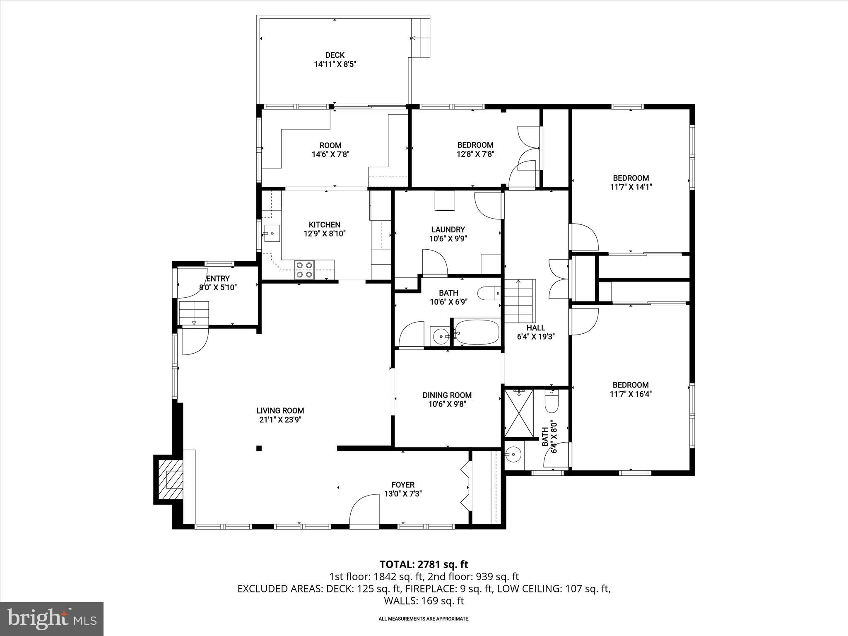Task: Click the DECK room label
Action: click(335, 55)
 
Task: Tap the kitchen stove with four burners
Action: click(304, 270)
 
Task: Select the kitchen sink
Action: click(272, 234)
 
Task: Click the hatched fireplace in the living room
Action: click(169, 480)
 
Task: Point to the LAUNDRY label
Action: click(448, 229)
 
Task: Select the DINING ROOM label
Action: click(447, 395)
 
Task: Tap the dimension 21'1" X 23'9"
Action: click(280, 420)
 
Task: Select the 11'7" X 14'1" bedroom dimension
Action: click(631, 187)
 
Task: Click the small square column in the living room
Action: click(259, 448)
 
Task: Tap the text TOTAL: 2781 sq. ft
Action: click(424, 564)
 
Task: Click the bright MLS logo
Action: click(51, 619)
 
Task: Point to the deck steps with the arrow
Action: click(421, 38)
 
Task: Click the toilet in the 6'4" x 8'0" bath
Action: click(552, 402)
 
